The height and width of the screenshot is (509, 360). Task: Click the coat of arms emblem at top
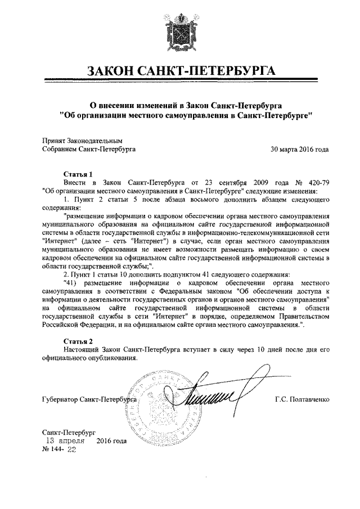(x=180, y=35)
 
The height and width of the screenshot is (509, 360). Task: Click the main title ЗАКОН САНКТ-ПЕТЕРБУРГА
(x=180, y=72)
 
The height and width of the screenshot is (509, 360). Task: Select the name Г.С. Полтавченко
(x=302, y=399)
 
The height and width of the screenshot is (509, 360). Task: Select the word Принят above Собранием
(x=55, y=141)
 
